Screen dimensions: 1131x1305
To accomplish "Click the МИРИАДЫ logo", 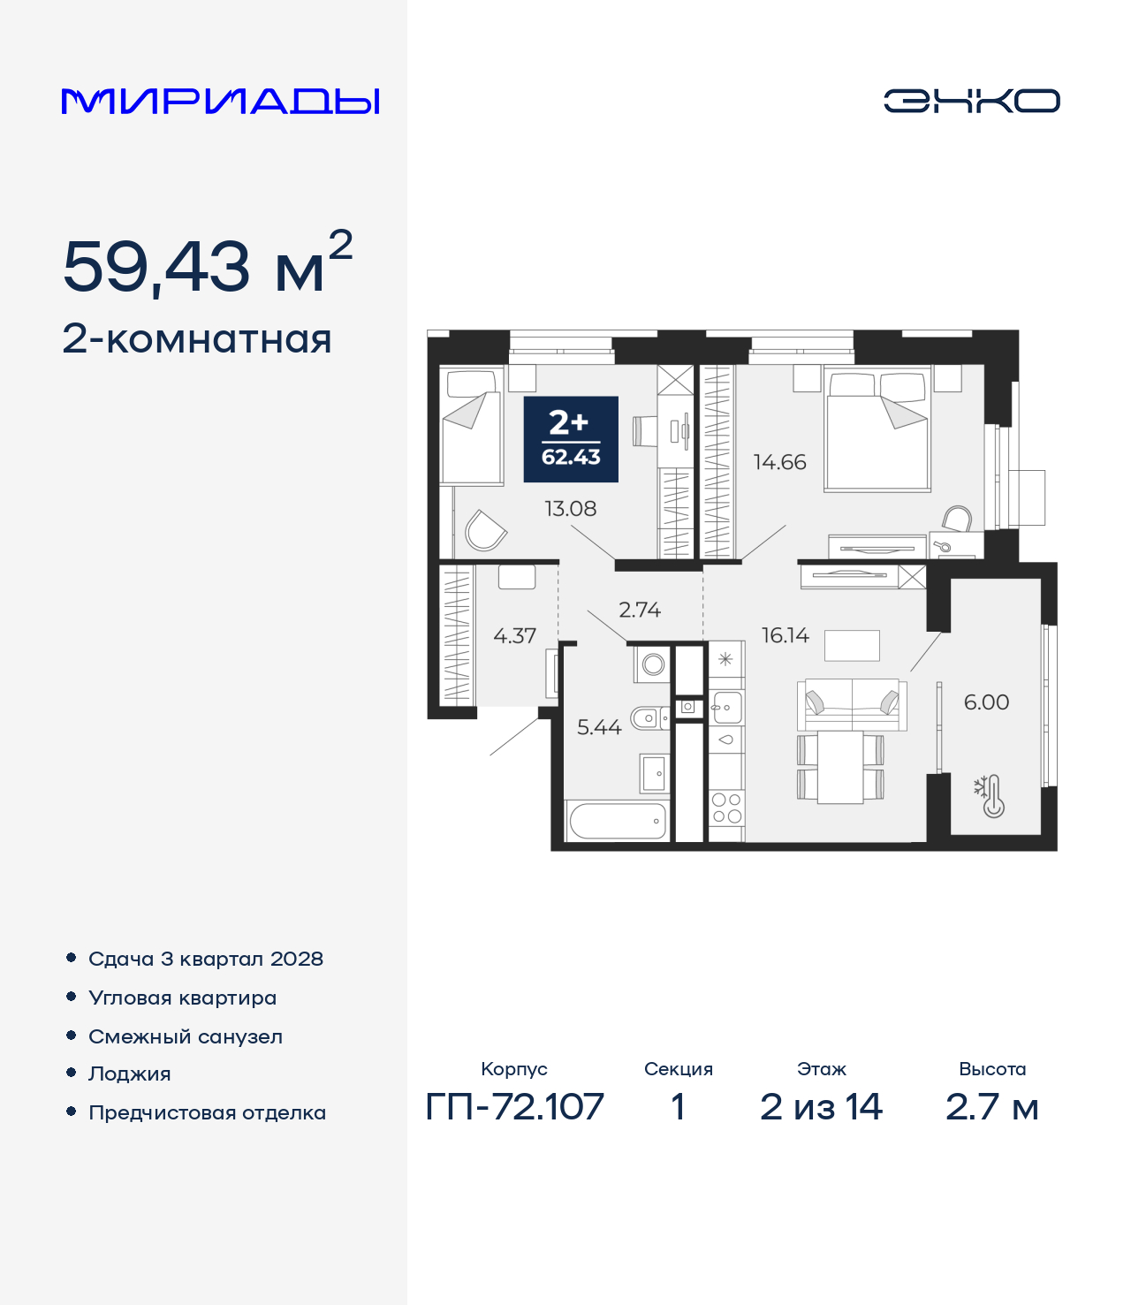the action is (220, 101).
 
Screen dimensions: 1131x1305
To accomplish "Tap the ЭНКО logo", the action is (971, 101).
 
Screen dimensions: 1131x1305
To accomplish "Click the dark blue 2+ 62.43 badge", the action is (571, 439).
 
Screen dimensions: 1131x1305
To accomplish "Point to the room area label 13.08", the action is (570, 509).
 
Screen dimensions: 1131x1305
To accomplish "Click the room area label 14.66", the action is (780, 462).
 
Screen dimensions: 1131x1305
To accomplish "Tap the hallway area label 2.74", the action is (639, 610).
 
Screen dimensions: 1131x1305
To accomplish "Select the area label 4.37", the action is (514, 636).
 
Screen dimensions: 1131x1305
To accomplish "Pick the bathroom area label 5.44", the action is (599, 727).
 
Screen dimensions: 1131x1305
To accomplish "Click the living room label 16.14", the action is (786, 635).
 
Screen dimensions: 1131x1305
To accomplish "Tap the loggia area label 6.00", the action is (986, 702).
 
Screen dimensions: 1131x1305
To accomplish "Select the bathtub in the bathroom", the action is (618, 821).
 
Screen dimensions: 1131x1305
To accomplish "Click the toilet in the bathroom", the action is (649, 717).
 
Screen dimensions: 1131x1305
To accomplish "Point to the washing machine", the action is (652, 664).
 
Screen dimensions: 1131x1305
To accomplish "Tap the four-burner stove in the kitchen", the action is (727, 808).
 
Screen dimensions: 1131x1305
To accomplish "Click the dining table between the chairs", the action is (840, 767).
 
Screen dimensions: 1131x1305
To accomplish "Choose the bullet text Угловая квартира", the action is (183, 998).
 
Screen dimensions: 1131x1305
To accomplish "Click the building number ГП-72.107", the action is (514, 1107).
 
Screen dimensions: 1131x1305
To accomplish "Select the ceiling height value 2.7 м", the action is (992, 1107).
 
